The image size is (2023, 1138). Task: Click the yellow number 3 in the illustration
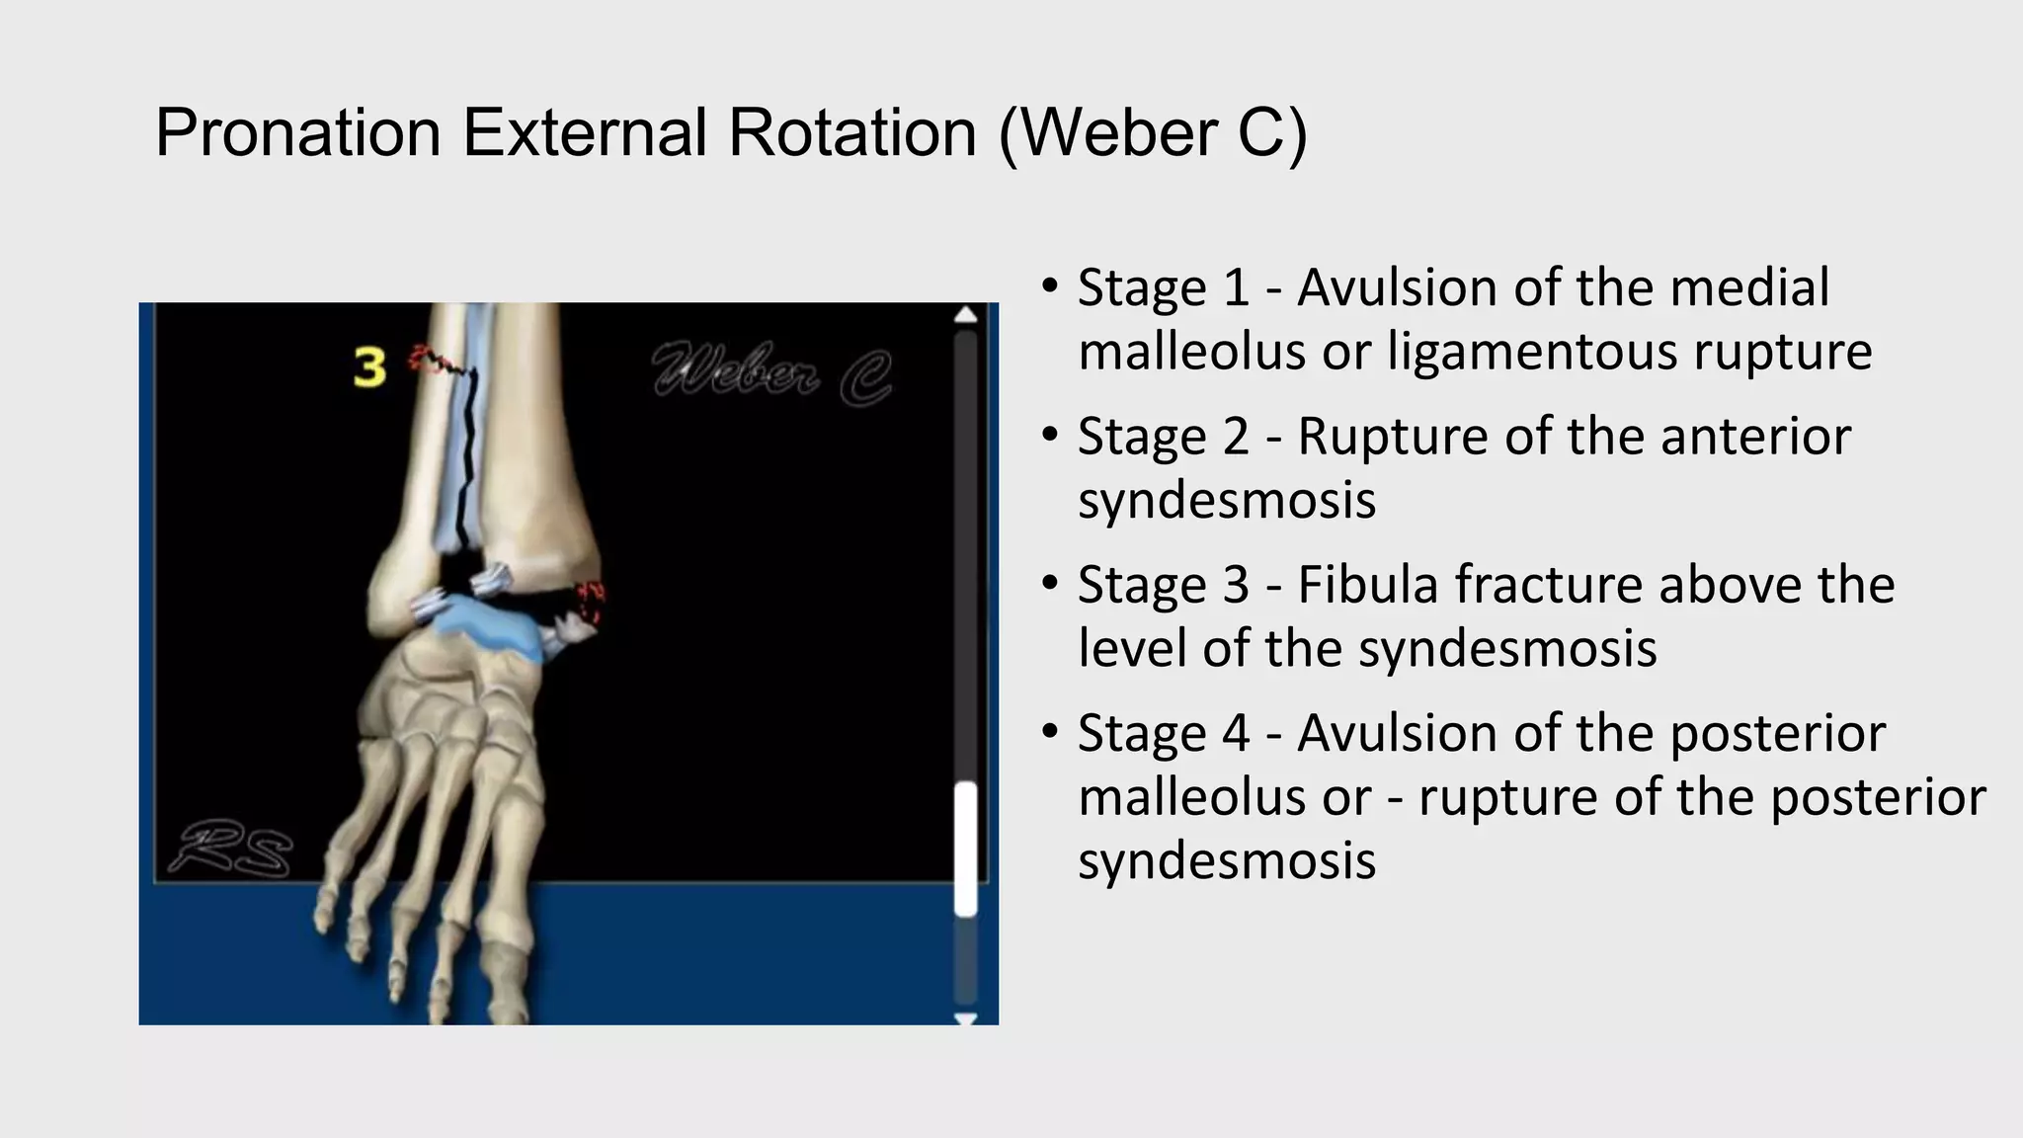pos(369,367)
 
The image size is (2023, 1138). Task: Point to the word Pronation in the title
pos(297,132)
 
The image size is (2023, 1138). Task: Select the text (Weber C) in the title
pos(1152,132)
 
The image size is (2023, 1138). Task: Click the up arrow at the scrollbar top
pos(965,315)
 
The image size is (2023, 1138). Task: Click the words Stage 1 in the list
pos(1163,288)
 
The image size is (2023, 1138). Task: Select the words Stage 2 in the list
pos(1163,437)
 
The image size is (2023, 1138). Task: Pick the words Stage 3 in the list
pos(1163,585)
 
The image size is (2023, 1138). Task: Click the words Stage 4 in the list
pos(1163,733)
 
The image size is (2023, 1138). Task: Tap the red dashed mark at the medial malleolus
pos(592,602)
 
